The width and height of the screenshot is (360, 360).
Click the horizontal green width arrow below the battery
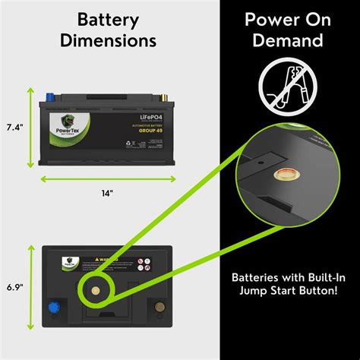[106, 179]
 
